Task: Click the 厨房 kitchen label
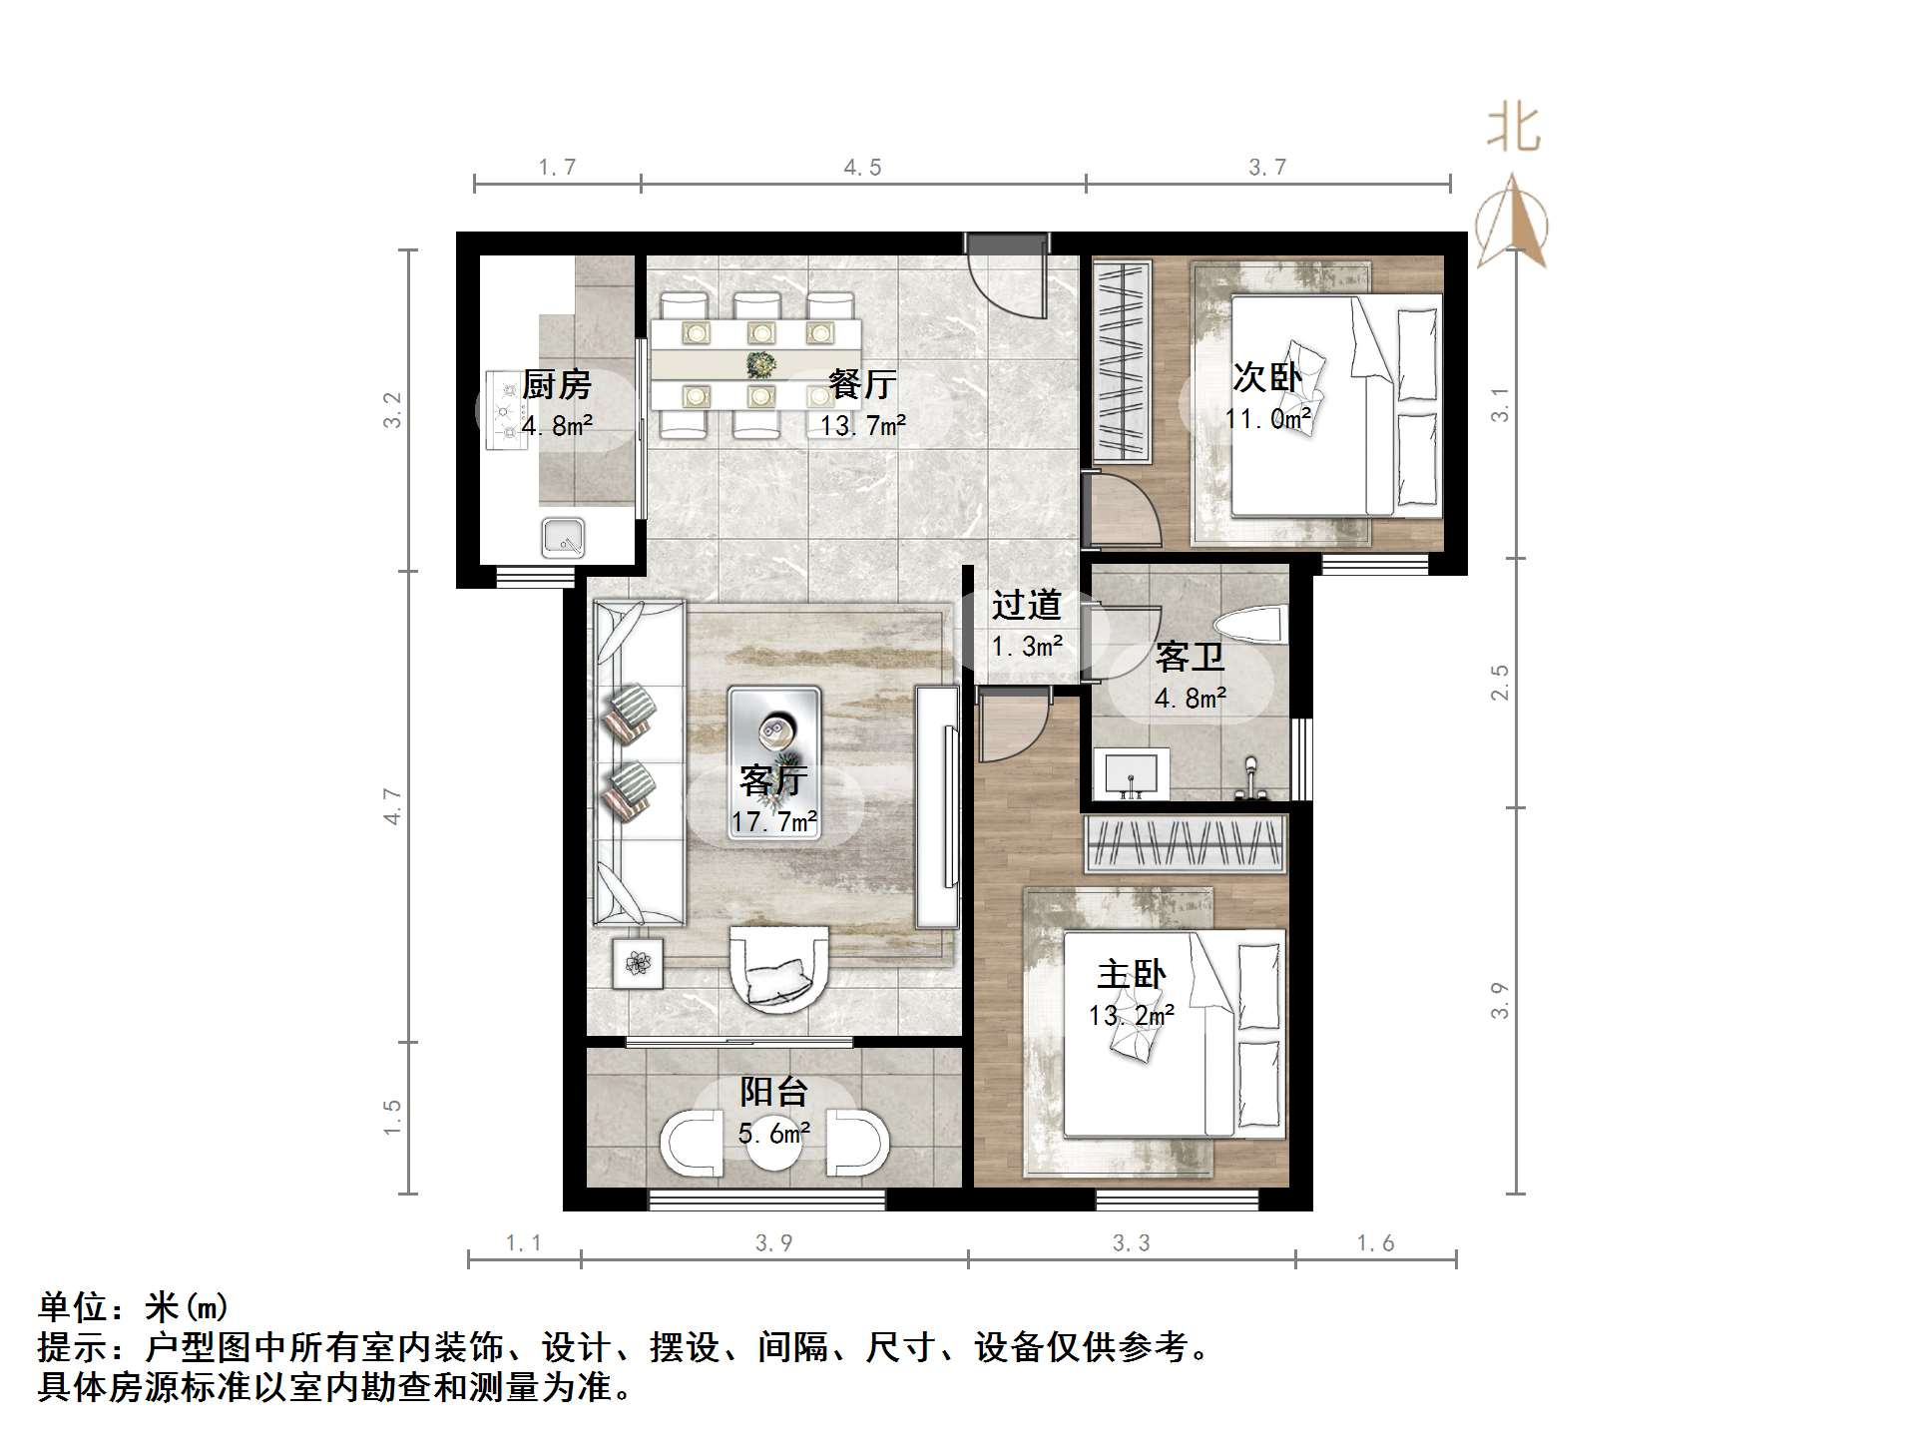coord(557,384)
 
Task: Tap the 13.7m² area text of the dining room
coord(863,426)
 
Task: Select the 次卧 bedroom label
coord(1267,377)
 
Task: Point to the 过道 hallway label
coord(1026,605)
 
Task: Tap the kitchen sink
coord(563,538)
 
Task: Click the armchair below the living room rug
coord(779,969)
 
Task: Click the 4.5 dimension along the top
coord(862,168)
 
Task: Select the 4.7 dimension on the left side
coord(392,806)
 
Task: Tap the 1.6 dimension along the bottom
coord(1375,1243)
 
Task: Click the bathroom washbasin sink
coord(1132,773)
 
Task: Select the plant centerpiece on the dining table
coord(761,364)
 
